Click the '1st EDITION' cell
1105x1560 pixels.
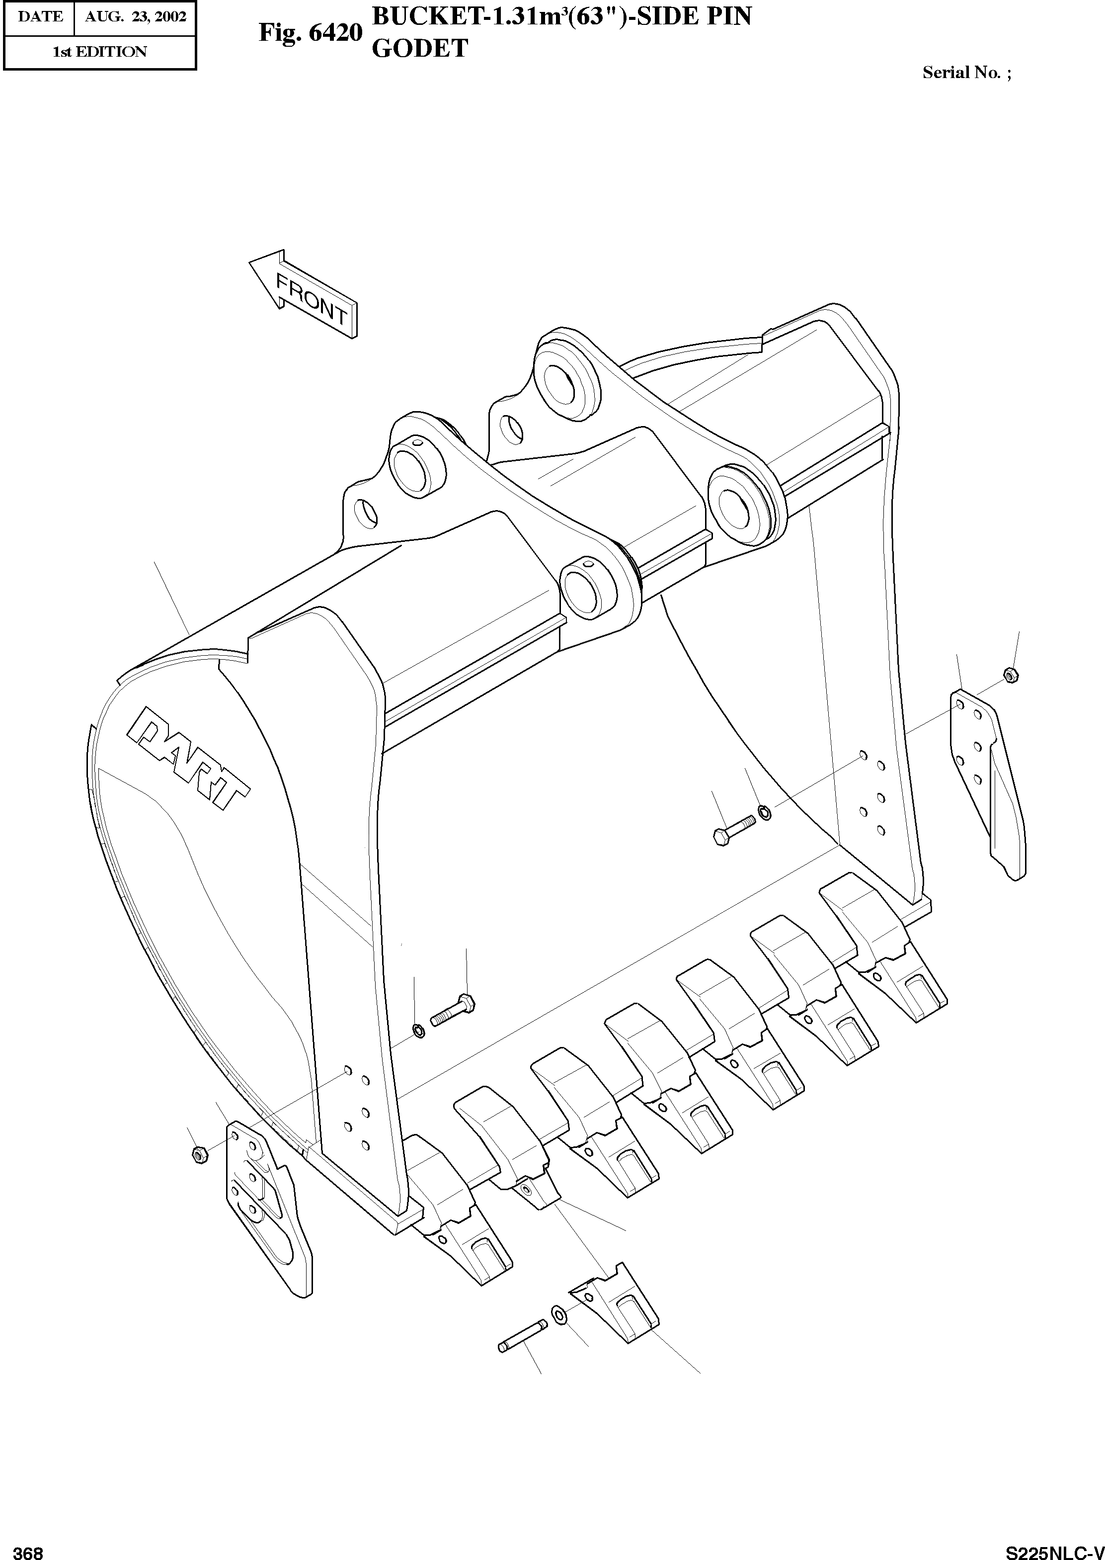99,52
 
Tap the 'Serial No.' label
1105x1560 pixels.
961,73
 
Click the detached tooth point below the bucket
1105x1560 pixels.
616,1303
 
